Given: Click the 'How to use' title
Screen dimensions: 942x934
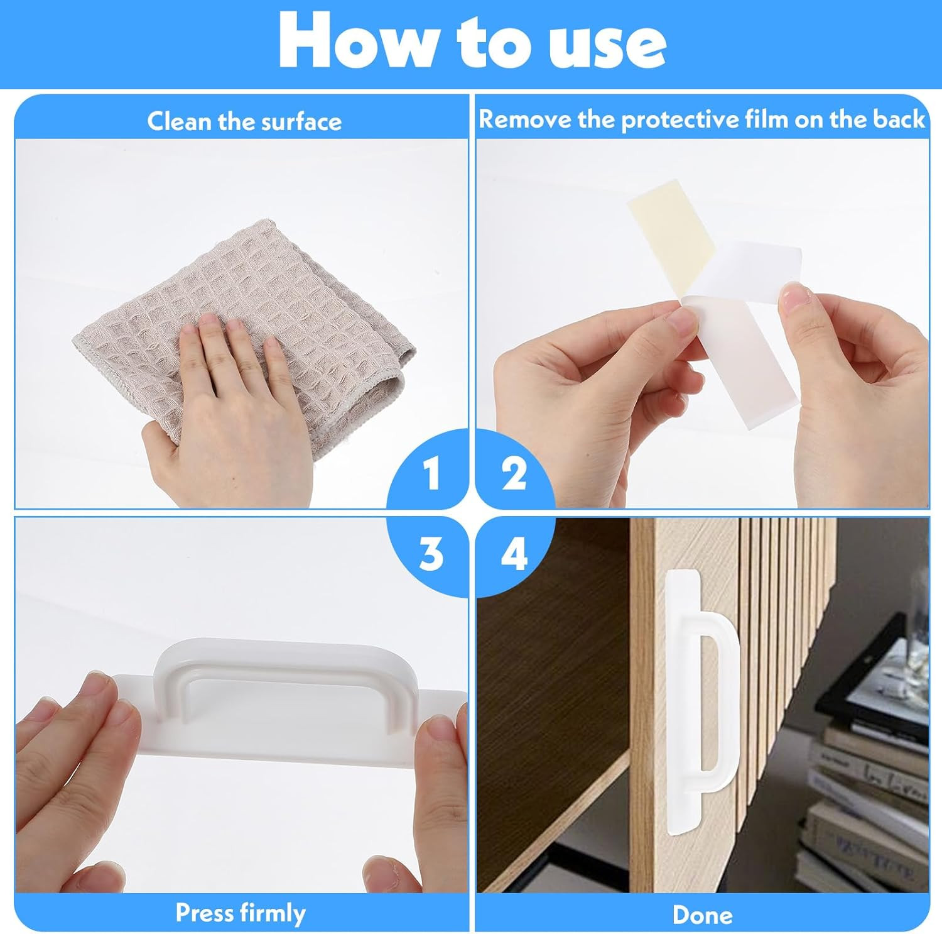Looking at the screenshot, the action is tap(472, 40).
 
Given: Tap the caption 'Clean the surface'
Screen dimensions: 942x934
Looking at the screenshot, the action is tap(244, 121).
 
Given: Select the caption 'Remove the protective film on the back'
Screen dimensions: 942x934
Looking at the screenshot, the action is tap(702, 119).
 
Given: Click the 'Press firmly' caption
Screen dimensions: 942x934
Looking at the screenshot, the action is tap(241, 913).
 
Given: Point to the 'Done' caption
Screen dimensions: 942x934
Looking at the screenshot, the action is tap(702, 915).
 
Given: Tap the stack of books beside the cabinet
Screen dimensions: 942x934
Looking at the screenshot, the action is tap(870, 811).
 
